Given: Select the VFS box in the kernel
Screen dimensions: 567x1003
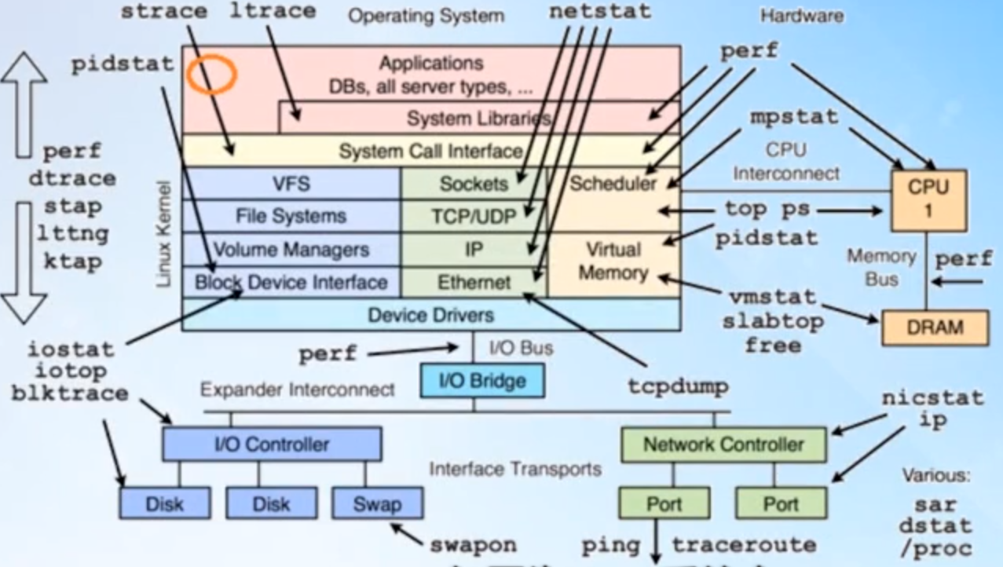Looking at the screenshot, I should pyautogui.click(x=291, y=185).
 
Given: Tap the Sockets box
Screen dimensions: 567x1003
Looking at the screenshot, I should pyautogui.click(x=473, y=185).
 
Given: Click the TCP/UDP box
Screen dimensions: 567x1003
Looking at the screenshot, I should pyautogui.click(x=473, y=215).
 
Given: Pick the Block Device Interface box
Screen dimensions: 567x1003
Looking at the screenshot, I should pyautogui.click(x=291, y=282).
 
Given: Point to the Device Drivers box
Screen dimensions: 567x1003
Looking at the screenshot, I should pyautogui.click(x=430, y=315).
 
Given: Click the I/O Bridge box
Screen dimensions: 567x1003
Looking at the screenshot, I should pyautogui.click(x=473, y=382).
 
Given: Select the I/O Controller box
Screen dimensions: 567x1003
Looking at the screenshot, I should pyautogui.click(x=272, y=444).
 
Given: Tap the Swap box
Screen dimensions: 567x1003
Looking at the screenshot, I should pyautogui.click(x=377, y=503).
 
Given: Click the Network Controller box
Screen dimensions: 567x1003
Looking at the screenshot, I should pyautogui.click(x=723, y=444).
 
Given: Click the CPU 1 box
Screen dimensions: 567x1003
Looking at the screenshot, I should pyautogui.click(x=928, y=200).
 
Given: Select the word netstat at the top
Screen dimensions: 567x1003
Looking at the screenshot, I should pyautogui.click(x=600, y=12).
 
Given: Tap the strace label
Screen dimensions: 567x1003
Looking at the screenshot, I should pyautogui.click(x=165, y=12).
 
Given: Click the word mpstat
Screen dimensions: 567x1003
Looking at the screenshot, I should pyautogui.click(x=793, y=117).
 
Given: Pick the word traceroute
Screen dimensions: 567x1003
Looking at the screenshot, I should pyautogui.click(x=743, y=544).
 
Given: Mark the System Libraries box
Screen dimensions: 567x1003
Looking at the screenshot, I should pyautogui.click(x=478, y=119).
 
